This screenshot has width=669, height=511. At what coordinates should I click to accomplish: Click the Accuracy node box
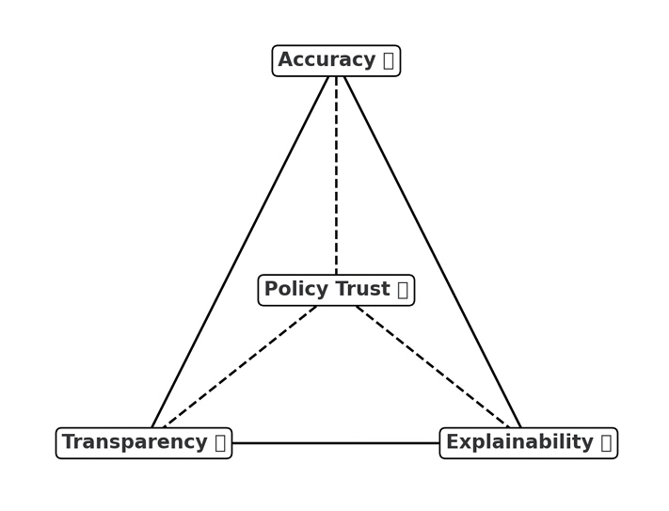pyautogui.click(x=336, y=60)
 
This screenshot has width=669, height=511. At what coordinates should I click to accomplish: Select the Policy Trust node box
pyautogui.click(x=336, y=290)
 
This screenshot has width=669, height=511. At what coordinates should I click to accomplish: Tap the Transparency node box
pyautogui.click(x=144, y=442)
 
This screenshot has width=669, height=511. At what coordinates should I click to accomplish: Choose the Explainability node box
pyautogui.click(x=528, y=442)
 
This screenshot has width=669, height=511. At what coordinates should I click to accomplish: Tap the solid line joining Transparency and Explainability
pyautogui.click(x=336, y=443)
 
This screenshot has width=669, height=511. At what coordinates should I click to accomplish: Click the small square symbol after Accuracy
pyautogui.click(x=388, y=61)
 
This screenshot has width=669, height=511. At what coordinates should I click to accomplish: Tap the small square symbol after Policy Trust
pyautogui.click(x=402, y=290)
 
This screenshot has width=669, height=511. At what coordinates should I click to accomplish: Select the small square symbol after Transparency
pyautogui.click(x=219, y=442)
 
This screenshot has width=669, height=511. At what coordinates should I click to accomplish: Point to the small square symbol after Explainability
pyautogui.click(x=606, y=442)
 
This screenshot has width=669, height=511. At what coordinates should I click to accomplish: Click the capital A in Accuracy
pyautogui.click(x=285, y=60)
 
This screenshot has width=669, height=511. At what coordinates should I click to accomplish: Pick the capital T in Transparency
pyautogui.click(x=68, y=442)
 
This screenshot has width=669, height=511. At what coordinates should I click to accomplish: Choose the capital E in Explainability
pyautogui.click(x=452, y=442)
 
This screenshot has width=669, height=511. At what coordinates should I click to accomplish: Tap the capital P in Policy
pyautogui.click(x=270, y=290)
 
